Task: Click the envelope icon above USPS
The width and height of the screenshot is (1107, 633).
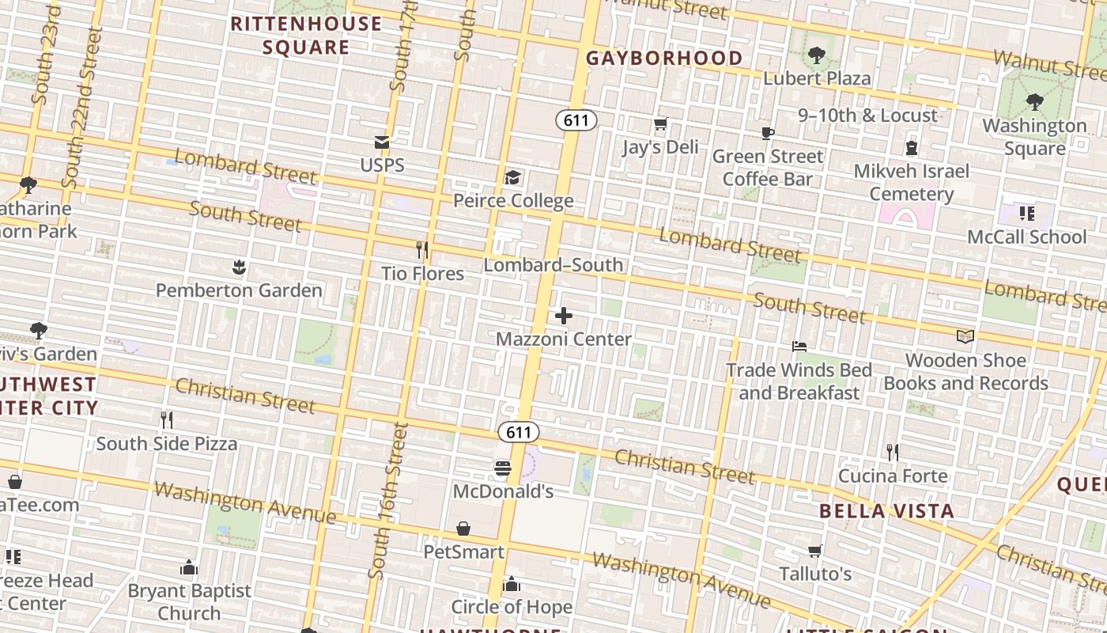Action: pyautogui.click(x=382, y=142)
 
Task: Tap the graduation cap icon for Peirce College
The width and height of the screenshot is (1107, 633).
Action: pyautogui.click(x=513, y=177)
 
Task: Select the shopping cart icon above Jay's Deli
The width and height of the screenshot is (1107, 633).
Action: pyautogui.click(x=660, y=124)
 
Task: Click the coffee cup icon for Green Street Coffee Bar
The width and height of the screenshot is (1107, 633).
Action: pyautogui.click(x=767, y=133)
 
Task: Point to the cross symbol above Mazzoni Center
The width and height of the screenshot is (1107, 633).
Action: pyautogui.click(x=564, y=316)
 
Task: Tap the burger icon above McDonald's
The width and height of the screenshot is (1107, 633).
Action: pyautogui.click(x=502, y=468)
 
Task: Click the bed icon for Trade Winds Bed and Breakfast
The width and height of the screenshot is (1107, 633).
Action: pyautogui.click(x=799, y=347)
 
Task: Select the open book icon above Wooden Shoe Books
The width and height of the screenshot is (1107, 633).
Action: pyautogui.click(x=965, y=337)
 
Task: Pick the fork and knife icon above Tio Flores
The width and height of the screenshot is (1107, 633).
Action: pyautogui.click(x=422, y=251)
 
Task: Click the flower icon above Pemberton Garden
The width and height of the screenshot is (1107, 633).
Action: pyautogui.click(x=239, y=267)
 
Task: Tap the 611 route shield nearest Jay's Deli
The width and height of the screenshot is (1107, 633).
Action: pyautogui.click(x=576, y=120)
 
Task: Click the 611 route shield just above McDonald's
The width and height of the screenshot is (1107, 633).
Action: pyautogui.click(x=519, y=432)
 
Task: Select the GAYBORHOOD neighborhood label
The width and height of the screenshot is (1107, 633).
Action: pyautogui.click(x=664, y=58)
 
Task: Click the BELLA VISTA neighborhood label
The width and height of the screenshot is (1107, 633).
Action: pyautogui.click(x=886, y=511)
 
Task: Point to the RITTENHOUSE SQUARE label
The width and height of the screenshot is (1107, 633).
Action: pyautogui.click(x=306, y=36)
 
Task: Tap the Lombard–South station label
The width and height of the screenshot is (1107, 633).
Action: pyautogui.click(x=553, y=265)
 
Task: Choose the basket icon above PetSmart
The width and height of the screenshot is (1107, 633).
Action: pyautogui.click(x=463, y=529)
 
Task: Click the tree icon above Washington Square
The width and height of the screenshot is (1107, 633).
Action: pyautogui.click(x=1033, y=102)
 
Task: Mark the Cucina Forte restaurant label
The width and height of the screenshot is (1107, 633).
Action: pyautogui.click(x=893, y=476)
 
